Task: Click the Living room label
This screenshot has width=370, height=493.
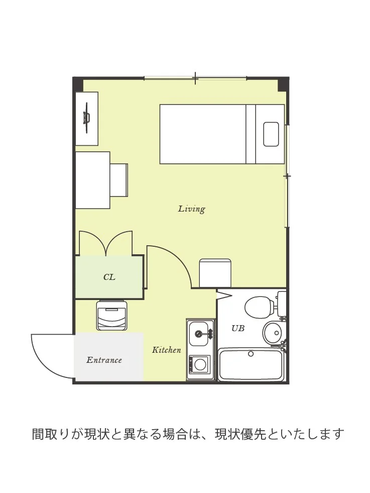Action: pyautogui.click(x=192, y=209)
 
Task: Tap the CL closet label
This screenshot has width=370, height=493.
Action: pyautogui.click(x=109, y=277)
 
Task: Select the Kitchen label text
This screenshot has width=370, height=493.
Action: pyautogui.click(x=167, y=350)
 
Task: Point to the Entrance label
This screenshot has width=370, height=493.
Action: pyautogui.click(x=104, y=360)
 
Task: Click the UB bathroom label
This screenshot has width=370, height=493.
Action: pyautogui.click(x=238, y=328)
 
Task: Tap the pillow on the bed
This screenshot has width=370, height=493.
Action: pyautogui.click(x=271, y=134)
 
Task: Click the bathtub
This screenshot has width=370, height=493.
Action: pyautogui.click(x=251, y=365)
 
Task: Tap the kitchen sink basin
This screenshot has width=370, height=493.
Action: pyautogui.click(x=198, y=334)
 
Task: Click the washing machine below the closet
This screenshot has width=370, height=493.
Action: pyautogui.click(x=112, y=316)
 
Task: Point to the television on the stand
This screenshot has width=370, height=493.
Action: pyautogui.click(x=86, y=118)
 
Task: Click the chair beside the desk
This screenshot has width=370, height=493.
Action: pyautogui.click(x=119, y=180)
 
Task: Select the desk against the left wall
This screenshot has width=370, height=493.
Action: pyautogui.click(x=93, y=180)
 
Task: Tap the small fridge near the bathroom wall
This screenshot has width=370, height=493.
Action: pyautogui.click(x=215, y=273)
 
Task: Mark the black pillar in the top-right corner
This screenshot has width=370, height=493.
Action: pyautogui.click(x=283, y=84)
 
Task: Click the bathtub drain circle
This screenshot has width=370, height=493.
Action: pyautogui.click(x=251, y=354)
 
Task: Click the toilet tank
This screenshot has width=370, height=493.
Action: pyautogui.click(x=282, y=304)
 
